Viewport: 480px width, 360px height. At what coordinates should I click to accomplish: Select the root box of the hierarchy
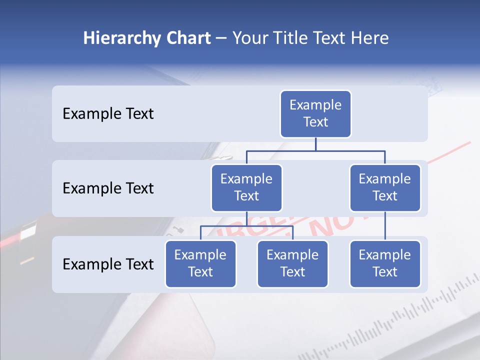coord(315,113)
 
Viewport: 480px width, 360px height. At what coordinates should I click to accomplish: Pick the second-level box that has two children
coord(246,187)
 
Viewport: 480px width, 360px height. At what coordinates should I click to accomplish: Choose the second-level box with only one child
coord(385,187)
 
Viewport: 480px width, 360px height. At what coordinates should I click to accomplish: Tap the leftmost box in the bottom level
coord(200,263)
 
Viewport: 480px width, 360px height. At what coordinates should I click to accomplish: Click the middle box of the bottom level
coord(292,263)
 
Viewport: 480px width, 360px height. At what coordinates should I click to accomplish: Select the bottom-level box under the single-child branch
coord(385,263)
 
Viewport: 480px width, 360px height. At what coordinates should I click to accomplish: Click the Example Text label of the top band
coord(108,113)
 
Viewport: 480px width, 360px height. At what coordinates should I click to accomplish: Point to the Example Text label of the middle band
coord(108,188)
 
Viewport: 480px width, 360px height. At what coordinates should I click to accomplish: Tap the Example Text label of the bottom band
coord(108,264)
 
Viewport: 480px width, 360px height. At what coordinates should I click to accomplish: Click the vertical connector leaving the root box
coord(315,144)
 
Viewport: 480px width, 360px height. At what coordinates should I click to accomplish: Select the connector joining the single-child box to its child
coord(385,225)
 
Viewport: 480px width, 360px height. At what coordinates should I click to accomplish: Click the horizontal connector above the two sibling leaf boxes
coord(246,226)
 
